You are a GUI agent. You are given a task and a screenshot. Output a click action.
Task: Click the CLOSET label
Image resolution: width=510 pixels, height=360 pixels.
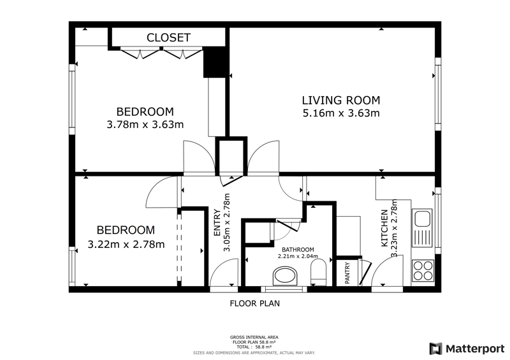[168, 38]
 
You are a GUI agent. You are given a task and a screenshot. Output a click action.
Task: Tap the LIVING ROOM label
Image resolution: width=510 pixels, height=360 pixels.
[341, 100]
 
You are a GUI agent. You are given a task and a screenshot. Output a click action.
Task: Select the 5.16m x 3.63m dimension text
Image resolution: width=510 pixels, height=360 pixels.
[341, 113]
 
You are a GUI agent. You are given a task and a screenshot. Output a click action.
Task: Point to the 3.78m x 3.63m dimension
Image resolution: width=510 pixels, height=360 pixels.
[145, 124]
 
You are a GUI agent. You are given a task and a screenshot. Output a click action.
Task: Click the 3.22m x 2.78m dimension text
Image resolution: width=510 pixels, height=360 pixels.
[126, 244]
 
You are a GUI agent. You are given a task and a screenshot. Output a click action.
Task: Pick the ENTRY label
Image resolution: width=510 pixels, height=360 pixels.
[217, 223]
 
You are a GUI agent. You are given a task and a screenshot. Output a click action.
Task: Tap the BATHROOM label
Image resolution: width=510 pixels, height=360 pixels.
[298, 250]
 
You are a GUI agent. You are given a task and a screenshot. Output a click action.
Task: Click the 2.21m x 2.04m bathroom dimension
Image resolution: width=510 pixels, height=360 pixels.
[298, 256]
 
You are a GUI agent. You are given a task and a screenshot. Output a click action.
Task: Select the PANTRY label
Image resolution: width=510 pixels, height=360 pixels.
[347, 273]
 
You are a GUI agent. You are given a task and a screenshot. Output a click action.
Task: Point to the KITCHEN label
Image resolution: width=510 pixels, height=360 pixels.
[384, 228]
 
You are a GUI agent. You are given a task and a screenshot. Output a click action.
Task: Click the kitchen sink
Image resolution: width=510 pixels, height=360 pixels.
[422, 228]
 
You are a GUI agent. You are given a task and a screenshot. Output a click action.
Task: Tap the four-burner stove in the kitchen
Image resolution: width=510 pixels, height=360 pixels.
[423, 271]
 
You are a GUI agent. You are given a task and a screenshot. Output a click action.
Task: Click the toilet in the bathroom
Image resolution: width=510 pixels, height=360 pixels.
[318, 273]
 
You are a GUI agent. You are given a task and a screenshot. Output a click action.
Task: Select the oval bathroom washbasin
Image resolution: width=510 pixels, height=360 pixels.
[286, 276]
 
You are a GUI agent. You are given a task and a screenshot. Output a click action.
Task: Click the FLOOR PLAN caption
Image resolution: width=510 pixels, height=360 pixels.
[254, 304]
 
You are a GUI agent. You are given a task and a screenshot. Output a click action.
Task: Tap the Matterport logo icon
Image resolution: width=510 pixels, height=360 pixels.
[435, 349]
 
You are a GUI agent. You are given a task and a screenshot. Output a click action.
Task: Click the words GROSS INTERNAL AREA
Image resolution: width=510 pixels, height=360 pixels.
[254, 338]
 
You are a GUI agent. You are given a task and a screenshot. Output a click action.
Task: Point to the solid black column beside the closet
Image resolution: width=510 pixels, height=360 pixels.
[214, 62]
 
